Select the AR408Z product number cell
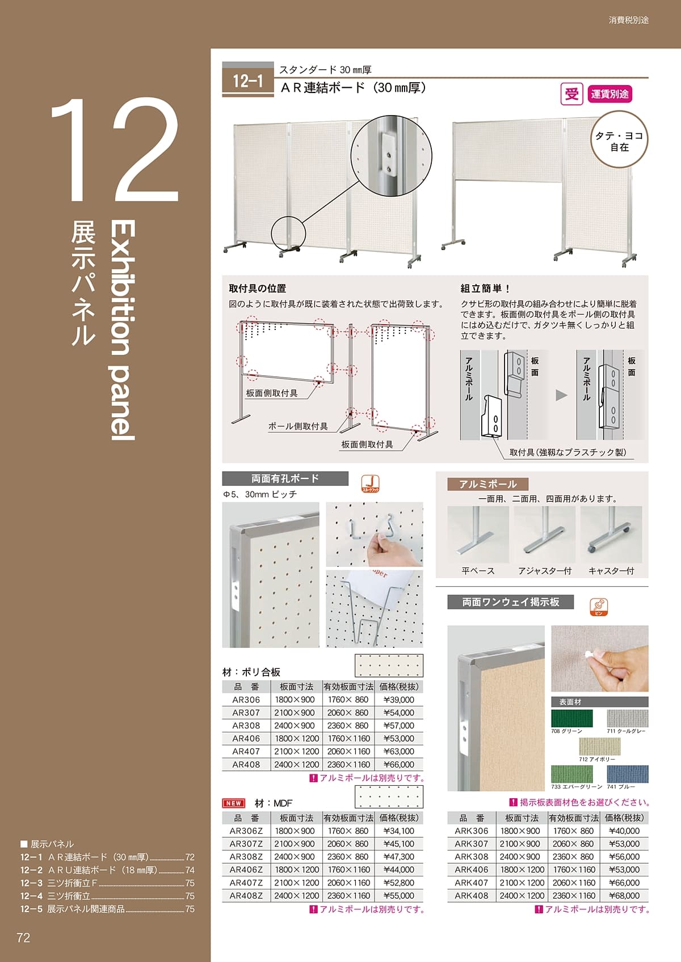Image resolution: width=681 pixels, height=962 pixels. tap(246, 896)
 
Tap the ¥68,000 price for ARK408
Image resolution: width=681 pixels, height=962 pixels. tap(624, 896)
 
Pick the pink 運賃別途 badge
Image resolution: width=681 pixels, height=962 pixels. tap(609, 94)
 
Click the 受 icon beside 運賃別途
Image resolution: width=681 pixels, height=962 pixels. tap(571, 94)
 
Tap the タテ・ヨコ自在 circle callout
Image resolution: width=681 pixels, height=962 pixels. tap(619, 141)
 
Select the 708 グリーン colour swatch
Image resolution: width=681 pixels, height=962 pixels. tap(571, 718)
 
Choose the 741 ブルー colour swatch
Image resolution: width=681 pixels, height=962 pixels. tap(627, 774)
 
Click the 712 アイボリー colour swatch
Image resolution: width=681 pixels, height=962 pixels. tap(600, 747)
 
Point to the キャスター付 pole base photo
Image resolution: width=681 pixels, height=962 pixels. tap(611, 535)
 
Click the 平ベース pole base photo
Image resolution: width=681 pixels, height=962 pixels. tap(478, 535)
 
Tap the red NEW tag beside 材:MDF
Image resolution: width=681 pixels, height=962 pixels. tap(233, 803)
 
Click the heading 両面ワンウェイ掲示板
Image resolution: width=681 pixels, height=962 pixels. tap(510, 602)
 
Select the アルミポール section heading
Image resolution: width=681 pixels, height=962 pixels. tap(487, 484)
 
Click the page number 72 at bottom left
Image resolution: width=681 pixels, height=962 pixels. tap(23, 938)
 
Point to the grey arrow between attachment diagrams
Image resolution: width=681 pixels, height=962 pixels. tap(561, 395)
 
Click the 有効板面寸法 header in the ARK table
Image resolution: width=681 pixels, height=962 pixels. tap(573, 818)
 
